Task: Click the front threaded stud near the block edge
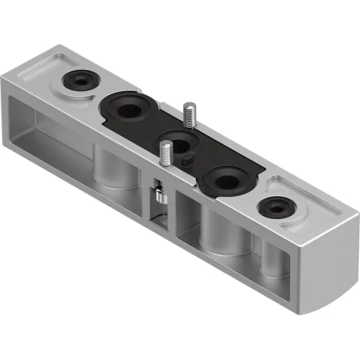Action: (167, 156)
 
